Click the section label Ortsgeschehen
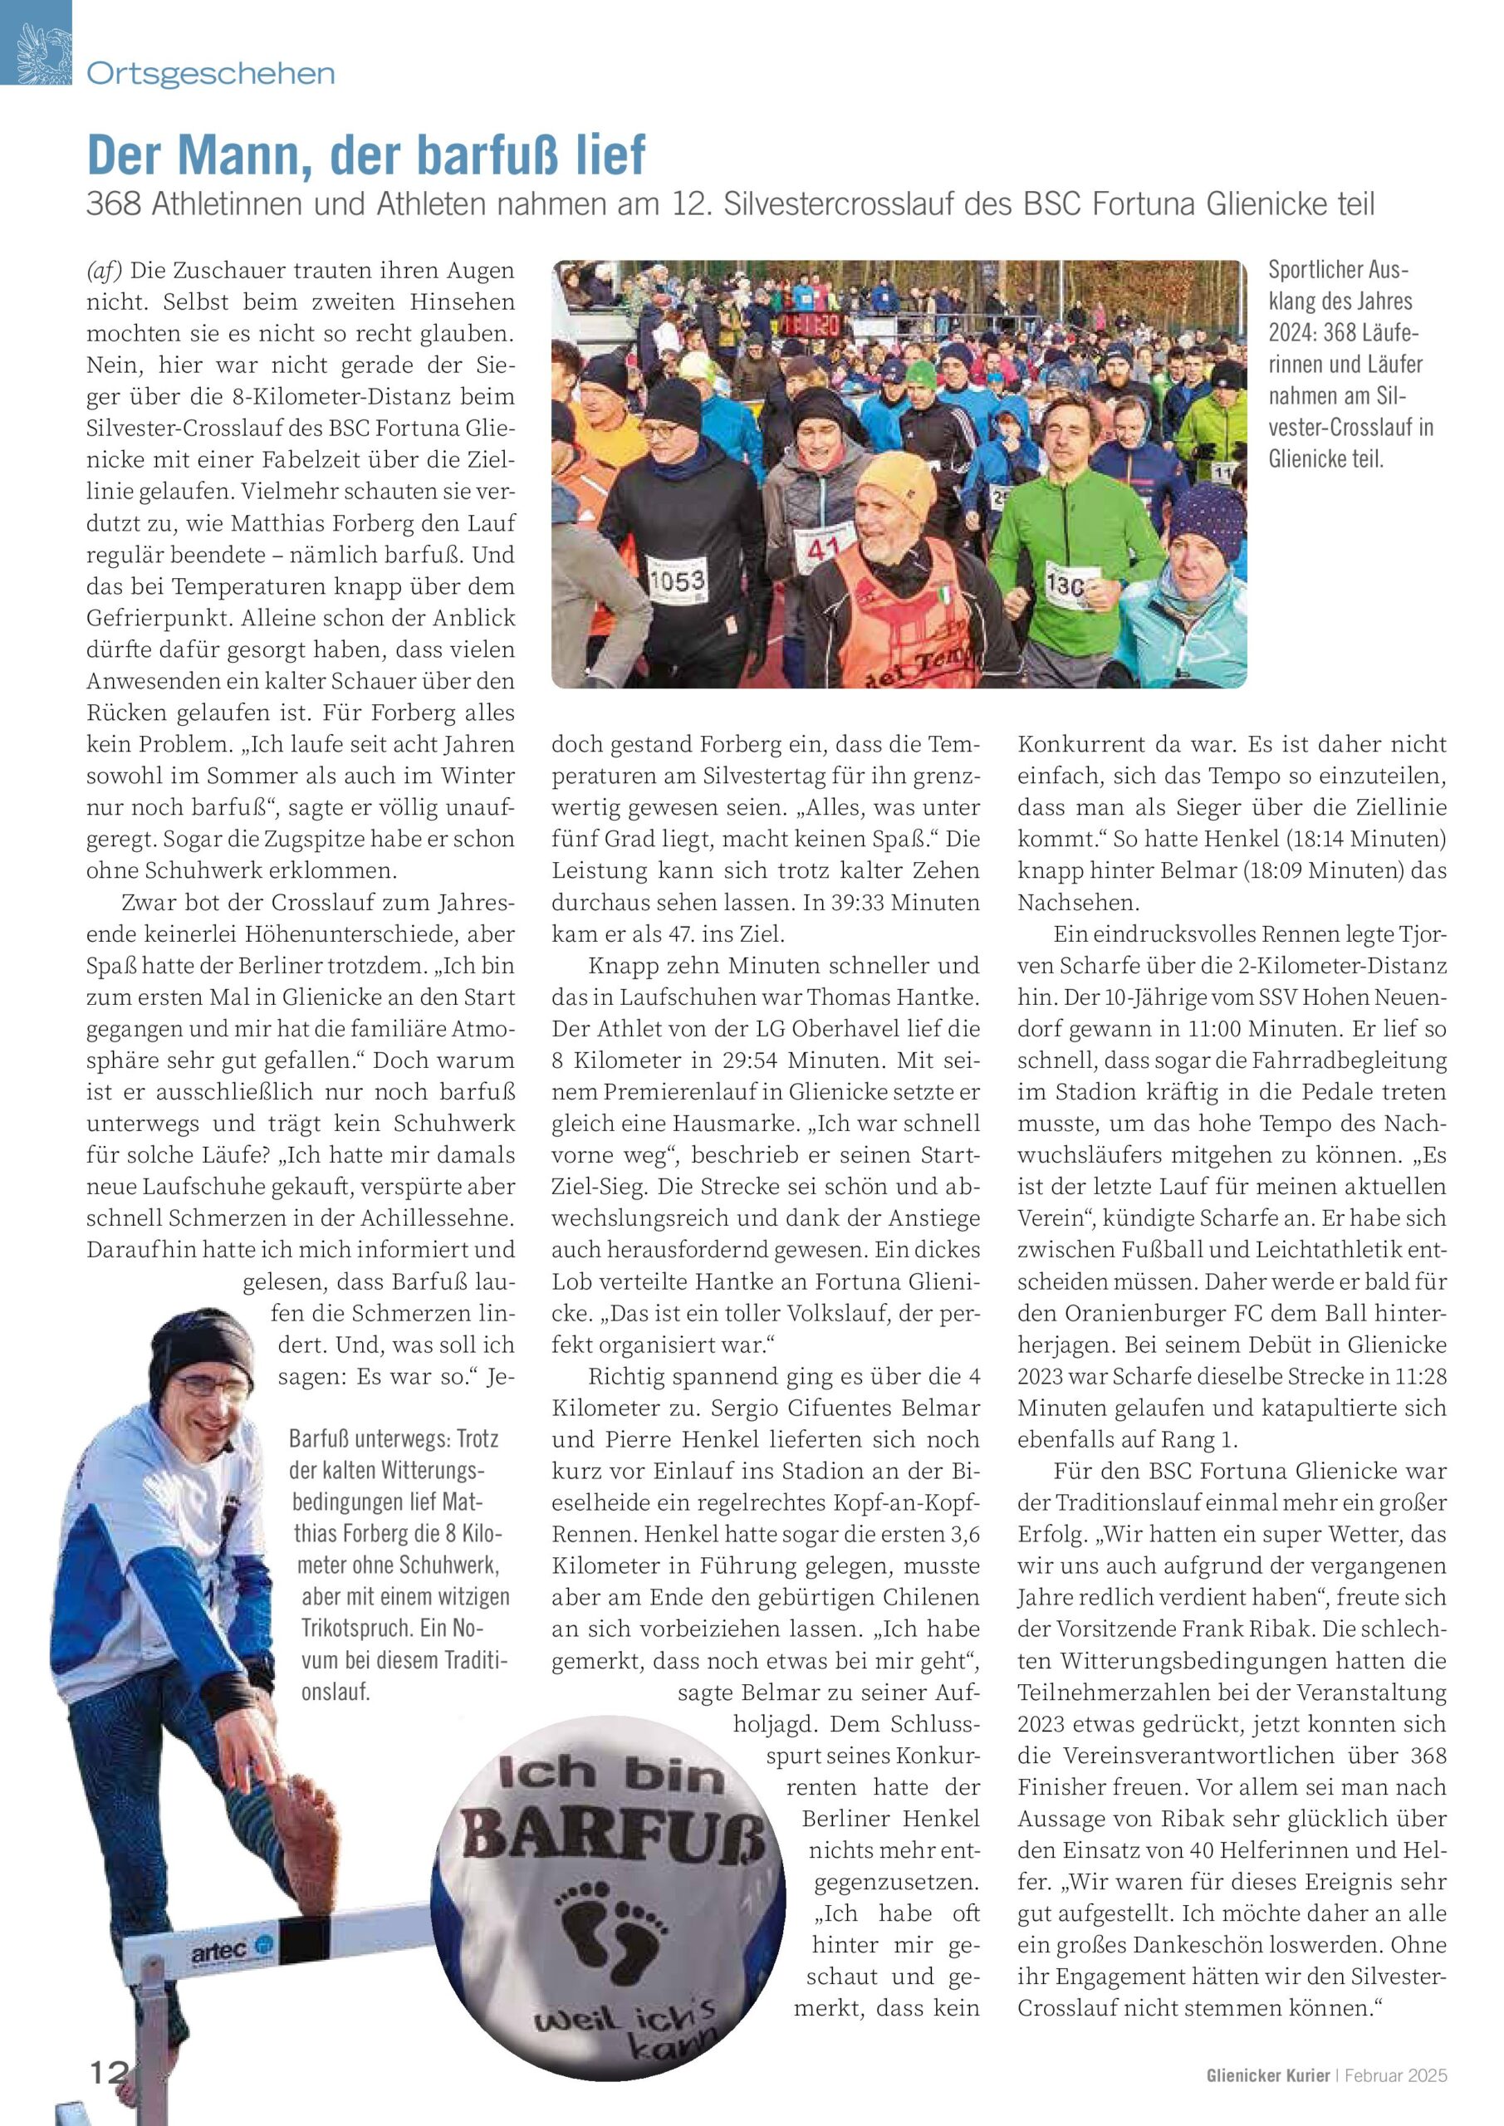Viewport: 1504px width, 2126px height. click(210, 73)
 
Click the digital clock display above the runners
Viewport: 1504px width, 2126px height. click(809, 325)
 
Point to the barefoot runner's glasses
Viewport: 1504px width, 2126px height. click(210, 1386)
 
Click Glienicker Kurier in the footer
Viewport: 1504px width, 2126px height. click(1266, 2075)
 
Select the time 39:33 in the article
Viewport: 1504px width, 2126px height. click(855, 902)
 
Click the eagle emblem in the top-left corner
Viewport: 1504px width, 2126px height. click(35, 42)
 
